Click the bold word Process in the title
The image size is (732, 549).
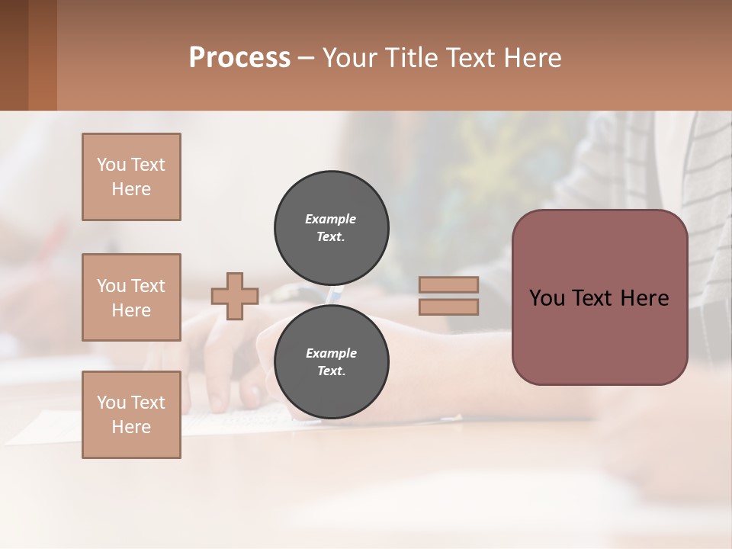point(239,58)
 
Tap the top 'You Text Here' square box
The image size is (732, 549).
point(131,177)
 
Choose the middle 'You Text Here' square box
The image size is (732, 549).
point(131,297)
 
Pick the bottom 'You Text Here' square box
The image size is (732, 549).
point(131,415)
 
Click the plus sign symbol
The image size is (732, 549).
point(235,296)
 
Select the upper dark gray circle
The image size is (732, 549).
point(332,227)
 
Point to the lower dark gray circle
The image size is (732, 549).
point(332,361)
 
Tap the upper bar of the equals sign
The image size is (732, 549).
point(449,284)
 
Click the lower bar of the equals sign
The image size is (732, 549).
point(449,307)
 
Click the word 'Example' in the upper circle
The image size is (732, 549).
point(331,219)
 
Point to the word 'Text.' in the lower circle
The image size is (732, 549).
point(331,371)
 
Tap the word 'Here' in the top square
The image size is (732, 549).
point(131,189)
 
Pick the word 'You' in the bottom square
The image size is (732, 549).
point(111,403)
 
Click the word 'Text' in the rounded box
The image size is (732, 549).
point(599,298)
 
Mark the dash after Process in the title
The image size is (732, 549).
point(307,58)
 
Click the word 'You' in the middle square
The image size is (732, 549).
point(111,286)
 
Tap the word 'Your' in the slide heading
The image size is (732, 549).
point(351,58)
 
